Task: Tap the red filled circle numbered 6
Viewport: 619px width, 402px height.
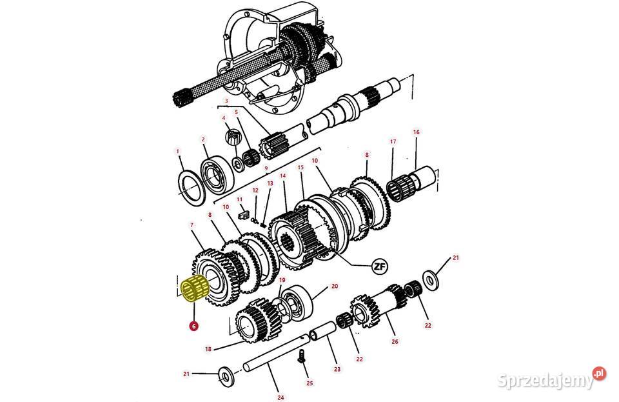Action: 193,326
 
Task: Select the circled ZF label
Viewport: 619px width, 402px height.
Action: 380,267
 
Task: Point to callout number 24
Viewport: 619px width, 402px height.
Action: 280,397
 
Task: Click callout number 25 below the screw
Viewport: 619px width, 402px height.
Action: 309,383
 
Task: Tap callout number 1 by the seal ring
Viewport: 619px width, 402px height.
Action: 178,151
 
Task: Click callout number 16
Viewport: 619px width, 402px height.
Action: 416,132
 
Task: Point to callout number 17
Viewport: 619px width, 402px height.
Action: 393,141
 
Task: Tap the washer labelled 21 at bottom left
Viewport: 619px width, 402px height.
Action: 226,377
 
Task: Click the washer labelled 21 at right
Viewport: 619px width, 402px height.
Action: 431,279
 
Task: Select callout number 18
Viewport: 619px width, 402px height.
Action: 208,348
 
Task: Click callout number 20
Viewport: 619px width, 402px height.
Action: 335,286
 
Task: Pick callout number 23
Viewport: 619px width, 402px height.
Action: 337,369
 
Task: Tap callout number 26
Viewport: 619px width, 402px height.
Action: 395,341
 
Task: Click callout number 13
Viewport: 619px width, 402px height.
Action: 270,183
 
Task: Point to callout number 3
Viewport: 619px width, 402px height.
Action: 226,101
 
